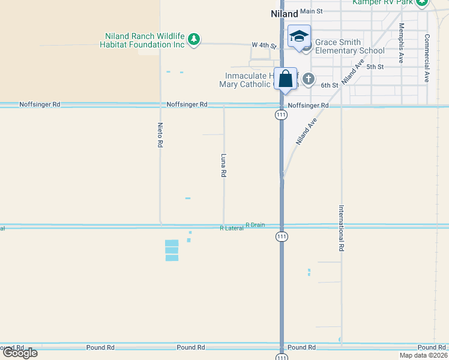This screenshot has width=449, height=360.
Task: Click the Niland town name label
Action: [x=284, y=13]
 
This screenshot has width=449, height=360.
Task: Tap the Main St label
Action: [x=312, y=11]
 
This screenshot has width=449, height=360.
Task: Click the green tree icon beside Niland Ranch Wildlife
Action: [x=193, y=40]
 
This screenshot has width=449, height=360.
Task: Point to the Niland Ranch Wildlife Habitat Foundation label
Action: [x=145, y=40]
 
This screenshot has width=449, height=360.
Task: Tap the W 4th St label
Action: [x=264, y=46]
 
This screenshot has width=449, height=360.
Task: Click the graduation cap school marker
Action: [x=299, y=37]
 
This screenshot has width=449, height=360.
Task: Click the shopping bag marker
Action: [x=285, y=79]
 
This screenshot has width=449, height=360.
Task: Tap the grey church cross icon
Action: [x=309, y=79]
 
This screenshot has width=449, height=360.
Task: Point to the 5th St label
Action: [x=375, y=67]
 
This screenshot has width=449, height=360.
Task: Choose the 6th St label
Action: [x=330, y=85]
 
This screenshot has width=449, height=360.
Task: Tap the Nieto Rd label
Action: [x=160, y=136]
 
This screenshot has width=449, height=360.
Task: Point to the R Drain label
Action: [x=255, y=224]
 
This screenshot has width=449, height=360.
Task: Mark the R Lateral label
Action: [x=232, y=229]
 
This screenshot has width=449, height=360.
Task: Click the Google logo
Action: [x=19, y=353]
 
